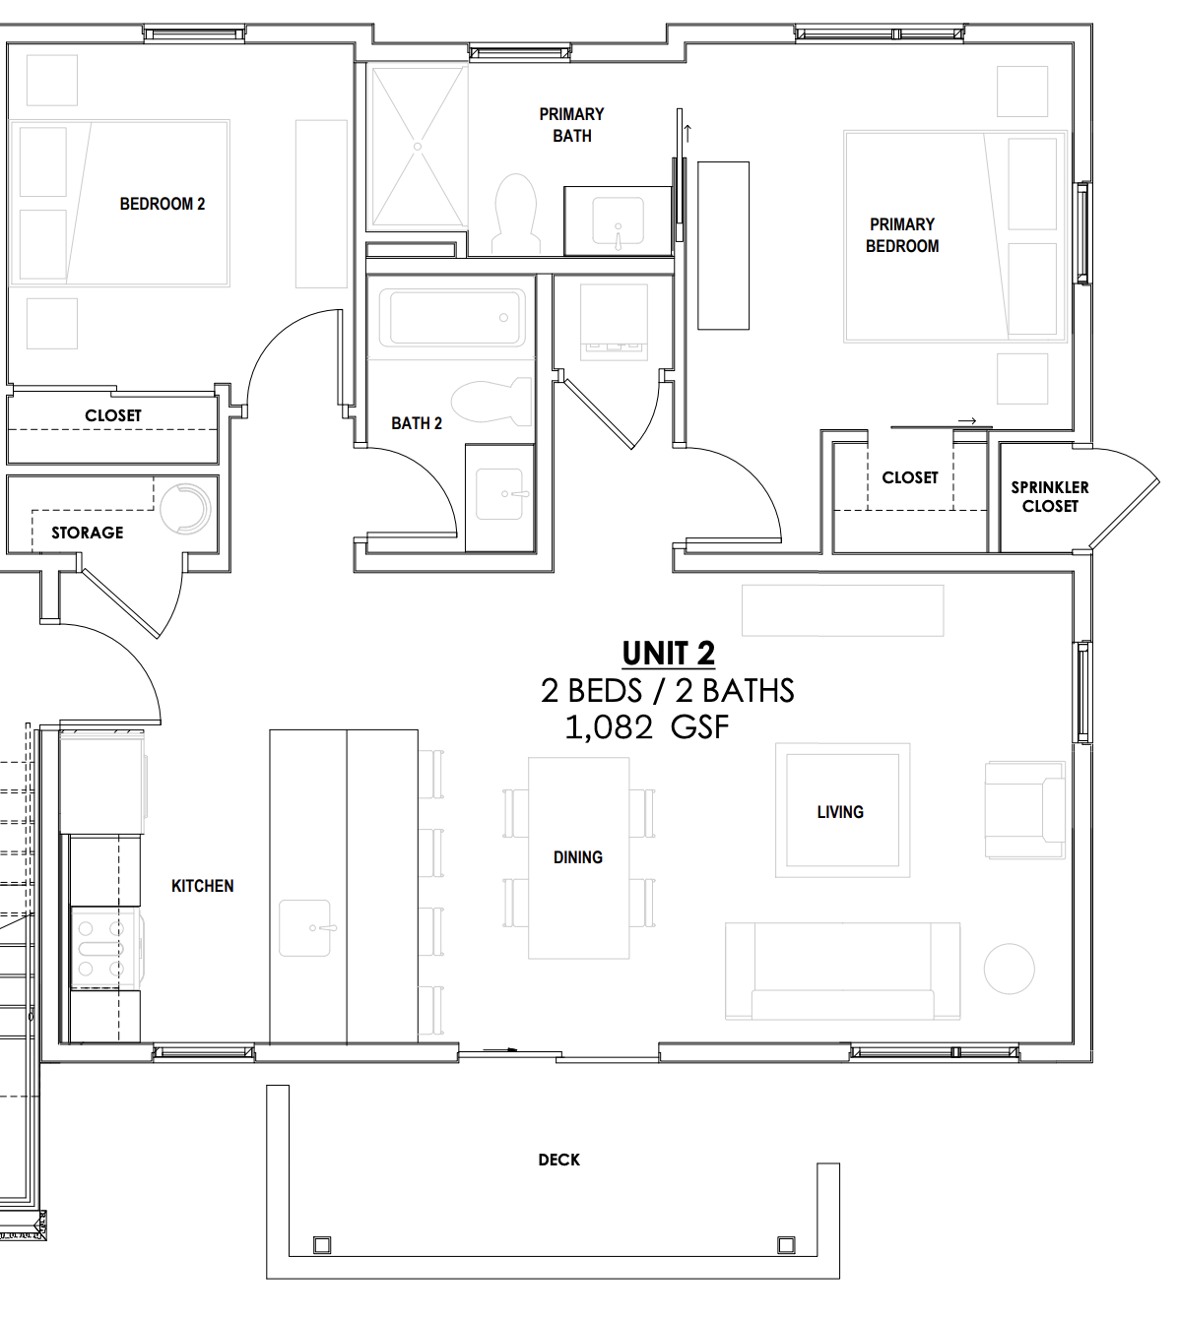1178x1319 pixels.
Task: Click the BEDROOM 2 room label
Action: point(163,204)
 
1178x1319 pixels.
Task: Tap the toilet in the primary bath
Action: point(516,214)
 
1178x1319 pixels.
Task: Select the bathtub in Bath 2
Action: point(457,317)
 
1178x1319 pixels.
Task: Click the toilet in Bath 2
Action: point(491,401)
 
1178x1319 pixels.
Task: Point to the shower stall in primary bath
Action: point(418,147)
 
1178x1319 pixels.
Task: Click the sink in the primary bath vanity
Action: point(618,222)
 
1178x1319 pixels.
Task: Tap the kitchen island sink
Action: point(305,927)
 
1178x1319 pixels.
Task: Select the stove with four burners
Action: point(104,949)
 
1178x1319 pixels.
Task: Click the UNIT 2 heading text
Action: point(669,653)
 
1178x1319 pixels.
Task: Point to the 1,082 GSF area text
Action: point(646,727)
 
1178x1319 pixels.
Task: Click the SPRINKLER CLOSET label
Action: point(1050,497)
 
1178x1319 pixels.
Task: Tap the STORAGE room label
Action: point(88,533)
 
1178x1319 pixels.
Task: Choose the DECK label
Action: point(559,1160)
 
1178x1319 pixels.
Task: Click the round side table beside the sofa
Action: point(1010,969)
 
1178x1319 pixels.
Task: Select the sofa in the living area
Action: point(842,971)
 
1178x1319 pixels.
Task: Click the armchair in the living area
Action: point(1025,810)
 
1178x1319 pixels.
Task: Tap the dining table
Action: point(578,857)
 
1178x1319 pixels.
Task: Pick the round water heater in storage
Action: point(185,508)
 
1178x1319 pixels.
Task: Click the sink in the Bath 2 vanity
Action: point(499,494)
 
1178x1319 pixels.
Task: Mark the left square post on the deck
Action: point(322,1245)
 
